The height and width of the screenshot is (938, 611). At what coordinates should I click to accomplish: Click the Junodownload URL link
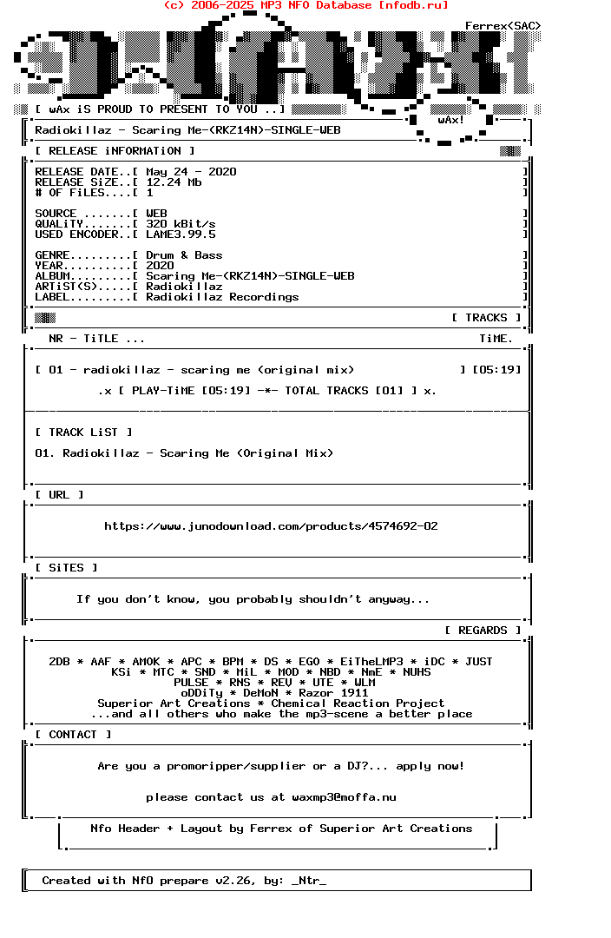(271, 526)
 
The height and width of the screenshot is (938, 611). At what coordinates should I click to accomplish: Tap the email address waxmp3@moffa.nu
(345, 797)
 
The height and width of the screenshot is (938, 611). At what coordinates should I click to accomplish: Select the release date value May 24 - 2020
(191, 172)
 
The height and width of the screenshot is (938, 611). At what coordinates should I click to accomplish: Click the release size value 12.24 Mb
(174, 182)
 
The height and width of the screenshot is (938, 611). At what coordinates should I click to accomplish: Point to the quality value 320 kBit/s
(181, 224)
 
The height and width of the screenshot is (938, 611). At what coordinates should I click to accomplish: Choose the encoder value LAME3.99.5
(181, 234)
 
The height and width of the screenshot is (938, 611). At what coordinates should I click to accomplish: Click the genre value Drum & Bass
(184, 255)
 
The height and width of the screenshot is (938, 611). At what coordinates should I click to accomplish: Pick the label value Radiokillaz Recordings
(222, 297)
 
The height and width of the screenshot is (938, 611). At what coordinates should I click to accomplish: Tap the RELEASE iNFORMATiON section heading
(115, 151)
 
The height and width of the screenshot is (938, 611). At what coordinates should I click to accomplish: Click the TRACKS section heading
(486, 318)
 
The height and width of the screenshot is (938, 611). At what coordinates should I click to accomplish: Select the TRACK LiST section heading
(83, 433)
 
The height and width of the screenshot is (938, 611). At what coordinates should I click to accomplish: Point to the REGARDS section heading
(483, 631)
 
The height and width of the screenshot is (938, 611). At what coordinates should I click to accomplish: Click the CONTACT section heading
(73, 735)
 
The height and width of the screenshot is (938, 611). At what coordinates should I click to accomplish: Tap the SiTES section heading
(66, 568)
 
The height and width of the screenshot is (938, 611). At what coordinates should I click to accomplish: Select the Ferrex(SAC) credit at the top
(503, 26)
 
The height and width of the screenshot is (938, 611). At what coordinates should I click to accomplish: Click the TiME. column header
(496, 339)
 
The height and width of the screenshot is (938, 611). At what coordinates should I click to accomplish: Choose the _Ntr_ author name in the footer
(309, 881)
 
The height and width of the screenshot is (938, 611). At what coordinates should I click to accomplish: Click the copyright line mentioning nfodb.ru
(305, 5)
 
